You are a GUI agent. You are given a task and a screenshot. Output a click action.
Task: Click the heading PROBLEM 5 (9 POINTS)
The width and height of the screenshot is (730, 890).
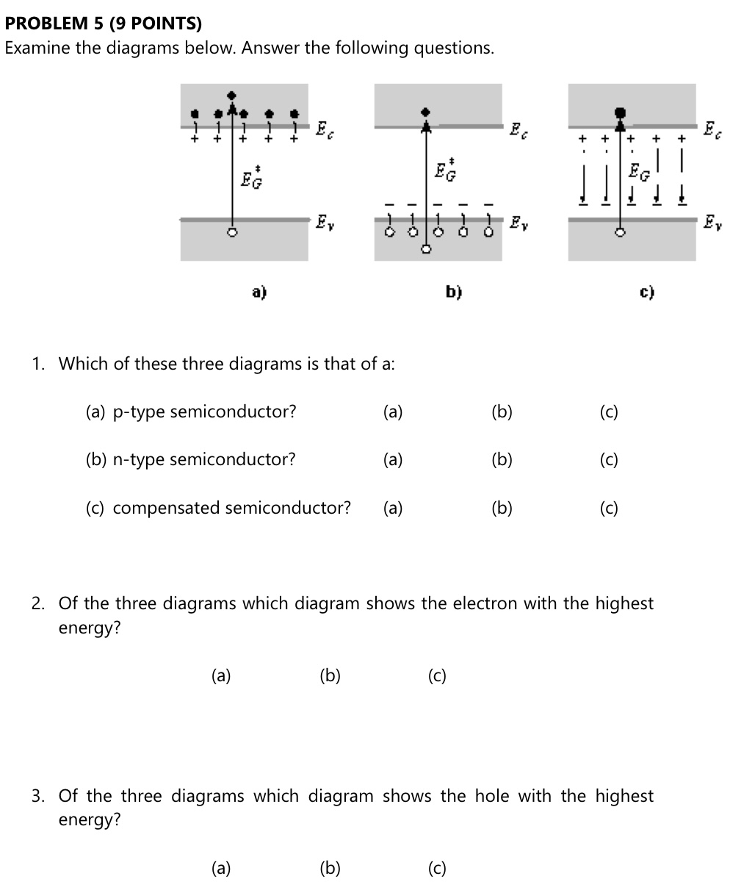[x=103, y=24]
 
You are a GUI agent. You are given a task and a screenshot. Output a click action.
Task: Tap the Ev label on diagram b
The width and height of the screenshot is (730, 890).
[x=517, y=221]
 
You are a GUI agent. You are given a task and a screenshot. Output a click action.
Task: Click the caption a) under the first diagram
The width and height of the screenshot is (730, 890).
[x=259, y=293]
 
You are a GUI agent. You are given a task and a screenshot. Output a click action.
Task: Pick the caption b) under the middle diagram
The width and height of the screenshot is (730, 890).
[x=453, y=293]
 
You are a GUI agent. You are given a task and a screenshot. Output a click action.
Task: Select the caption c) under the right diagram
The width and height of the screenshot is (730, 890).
[x=646, y=293]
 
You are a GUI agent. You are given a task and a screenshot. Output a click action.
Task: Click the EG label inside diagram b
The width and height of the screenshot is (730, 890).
[x=444, y=171]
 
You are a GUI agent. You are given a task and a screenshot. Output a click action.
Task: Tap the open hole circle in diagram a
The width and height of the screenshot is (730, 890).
[x=232, y=232]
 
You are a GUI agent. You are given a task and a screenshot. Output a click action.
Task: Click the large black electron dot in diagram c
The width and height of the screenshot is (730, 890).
[x=621, y=112]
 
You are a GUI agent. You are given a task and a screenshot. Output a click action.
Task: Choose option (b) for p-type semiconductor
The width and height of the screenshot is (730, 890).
[x=502, y=412]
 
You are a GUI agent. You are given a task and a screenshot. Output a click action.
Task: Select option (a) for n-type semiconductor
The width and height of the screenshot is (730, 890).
[x=393, y=460]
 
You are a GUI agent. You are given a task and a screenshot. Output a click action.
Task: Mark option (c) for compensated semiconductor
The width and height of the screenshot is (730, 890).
[x=608, y=509]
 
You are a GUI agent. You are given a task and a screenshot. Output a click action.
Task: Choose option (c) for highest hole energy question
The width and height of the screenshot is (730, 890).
[x=437, y=869]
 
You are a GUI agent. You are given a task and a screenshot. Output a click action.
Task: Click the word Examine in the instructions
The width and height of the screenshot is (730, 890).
[x=37, y=49]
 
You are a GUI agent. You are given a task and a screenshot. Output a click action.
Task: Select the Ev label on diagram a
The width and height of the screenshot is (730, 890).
[x=323, y=221]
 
